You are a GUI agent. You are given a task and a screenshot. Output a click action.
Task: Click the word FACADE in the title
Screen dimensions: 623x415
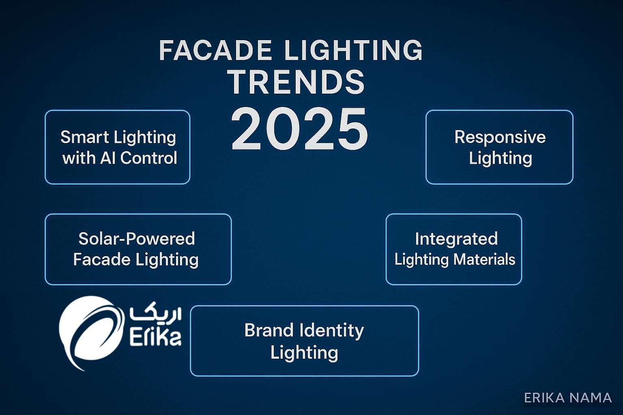pyautogui.click(x=215, y=50)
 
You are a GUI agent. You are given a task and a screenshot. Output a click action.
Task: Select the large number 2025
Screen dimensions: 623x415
pyautogui.click(x=299, y=129)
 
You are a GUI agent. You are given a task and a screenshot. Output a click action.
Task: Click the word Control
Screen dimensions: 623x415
pyautogui.click(x=148, y=158)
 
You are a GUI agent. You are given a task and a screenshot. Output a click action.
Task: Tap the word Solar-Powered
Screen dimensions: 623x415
pyautogui.click(x=137, y=239)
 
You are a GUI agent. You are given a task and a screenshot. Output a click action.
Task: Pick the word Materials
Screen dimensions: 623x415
pyautogui.click(x=484, y=259)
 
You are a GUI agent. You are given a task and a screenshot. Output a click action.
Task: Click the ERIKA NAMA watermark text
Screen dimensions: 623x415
pyautogui.click(x=568, y=398)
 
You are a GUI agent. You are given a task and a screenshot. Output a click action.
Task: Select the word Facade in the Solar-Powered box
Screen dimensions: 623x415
pyautogui.click(x=102, y=260)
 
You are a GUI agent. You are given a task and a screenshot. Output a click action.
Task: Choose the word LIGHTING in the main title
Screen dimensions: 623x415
pyautogui.click(x=354, y=50)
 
